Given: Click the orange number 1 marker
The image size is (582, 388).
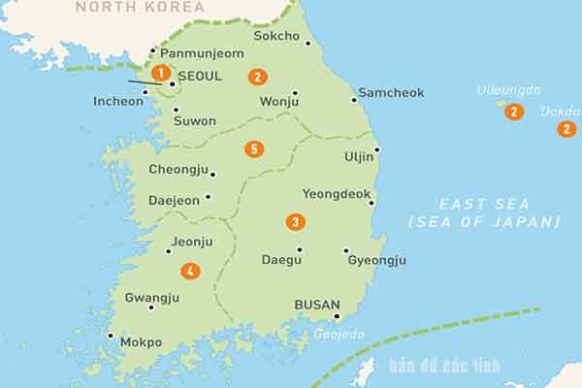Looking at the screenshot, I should click(x=160, y=72).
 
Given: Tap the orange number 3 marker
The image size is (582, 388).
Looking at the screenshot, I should click(x=295, y=222).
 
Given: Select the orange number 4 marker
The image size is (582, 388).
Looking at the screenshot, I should click(x=190, y=272).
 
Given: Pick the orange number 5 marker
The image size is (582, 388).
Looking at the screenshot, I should click(x=254, y=149).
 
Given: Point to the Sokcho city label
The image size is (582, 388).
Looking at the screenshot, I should click(x=276, y=36).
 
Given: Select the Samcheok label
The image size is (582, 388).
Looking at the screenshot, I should click(x=391, y=93).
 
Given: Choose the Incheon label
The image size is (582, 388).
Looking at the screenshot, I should click(x=118, y=101).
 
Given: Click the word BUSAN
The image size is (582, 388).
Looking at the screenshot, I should click(x=317, y=305).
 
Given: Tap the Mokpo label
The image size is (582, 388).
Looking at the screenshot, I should click(x=142, y=342).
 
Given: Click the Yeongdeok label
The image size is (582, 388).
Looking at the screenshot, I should click(x=337, y=194).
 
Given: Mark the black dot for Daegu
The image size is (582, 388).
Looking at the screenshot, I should click(x=299, y=249).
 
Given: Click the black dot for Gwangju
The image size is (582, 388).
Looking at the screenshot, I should click(x=151, y=307).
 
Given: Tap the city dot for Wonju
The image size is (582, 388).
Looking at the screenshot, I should click(x=295, y=94).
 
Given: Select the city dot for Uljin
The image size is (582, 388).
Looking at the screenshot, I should click(x=376, y=149).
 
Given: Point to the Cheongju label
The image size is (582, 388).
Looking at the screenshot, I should click(x=178, y=170).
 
